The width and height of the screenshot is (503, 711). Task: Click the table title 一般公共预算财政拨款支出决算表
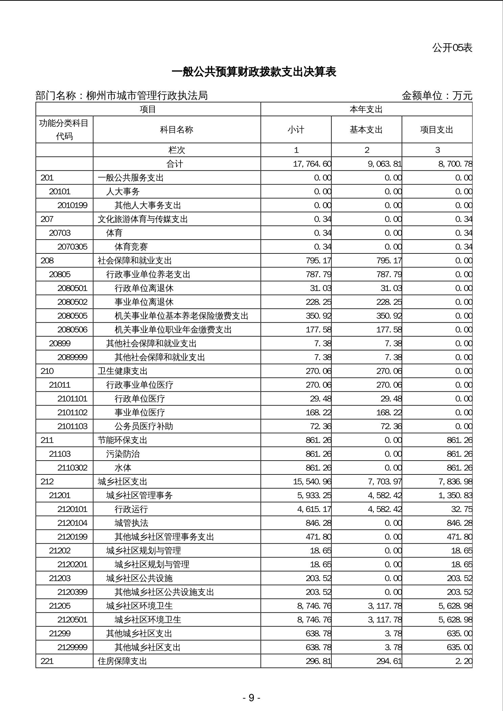coord(254,72)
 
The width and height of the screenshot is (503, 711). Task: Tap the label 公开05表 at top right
coord(452,48)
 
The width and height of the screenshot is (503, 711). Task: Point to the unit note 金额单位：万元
coord(436,96)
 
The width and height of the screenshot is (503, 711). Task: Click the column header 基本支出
coord(366,130)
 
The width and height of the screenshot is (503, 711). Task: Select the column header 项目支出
coord(436,130)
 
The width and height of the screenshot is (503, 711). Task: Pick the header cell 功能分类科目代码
coord(64,129)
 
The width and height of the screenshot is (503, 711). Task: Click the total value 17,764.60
coord(312,164)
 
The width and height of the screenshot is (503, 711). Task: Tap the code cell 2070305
coord(72,247)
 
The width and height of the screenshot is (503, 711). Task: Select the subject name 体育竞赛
coord(131,247)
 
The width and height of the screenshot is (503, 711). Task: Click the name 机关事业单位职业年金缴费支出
coord(173,329)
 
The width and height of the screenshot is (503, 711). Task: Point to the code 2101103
coord(72,426)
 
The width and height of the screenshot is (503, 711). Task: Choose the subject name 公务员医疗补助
coord(144,426)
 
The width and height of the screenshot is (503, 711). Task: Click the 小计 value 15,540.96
coord(312,481)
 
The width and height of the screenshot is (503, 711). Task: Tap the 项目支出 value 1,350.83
coord(455,495)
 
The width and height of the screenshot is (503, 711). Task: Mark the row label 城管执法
coord(131,523)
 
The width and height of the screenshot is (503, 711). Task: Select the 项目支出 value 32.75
coord(461,509)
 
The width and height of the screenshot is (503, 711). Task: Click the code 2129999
coord(72,647)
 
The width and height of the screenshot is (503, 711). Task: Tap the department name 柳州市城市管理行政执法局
coord(147,96)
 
